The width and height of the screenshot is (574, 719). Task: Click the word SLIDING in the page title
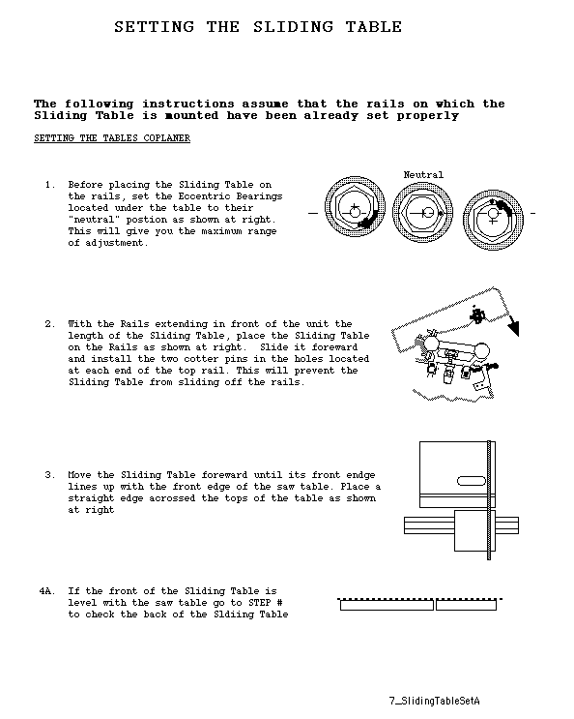294,27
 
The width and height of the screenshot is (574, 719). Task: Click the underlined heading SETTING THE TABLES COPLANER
112,138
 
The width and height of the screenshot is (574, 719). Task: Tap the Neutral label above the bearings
423,175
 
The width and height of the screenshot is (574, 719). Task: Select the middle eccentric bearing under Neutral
422,213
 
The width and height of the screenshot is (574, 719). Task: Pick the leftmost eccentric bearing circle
355,207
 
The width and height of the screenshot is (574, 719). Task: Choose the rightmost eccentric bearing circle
493,220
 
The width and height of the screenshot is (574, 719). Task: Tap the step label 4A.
47,591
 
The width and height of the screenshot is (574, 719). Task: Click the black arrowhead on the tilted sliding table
513,328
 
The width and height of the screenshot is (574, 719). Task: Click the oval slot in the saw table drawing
472,481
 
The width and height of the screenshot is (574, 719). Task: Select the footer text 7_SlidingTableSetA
435,701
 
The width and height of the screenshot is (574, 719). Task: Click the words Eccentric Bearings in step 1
230,196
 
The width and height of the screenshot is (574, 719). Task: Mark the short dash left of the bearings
313,213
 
